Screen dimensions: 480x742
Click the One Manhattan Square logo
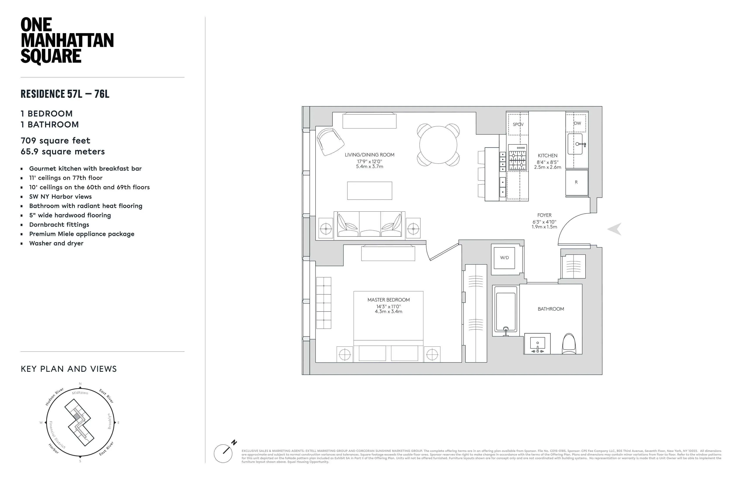67,41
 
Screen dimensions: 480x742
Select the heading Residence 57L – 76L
65,94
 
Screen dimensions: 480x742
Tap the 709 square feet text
55,141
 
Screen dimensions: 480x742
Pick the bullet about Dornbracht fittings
59,225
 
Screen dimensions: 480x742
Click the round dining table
438,145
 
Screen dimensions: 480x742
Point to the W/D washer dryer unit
504,258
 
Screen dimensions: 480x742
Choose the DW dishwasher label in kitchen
577,123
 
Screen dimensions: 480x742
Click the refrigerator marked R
576,182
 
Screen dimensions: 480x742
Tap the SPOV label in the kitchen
518,124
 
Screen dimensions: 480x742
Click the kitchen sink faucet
581,144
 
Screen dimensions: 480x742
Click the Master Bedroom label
388,300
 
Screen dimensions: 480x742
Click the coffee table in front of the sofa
369,191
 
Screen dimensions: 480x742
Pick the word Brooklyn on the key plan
109,421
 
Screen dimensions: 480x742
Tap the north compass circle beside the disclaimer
223,454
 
